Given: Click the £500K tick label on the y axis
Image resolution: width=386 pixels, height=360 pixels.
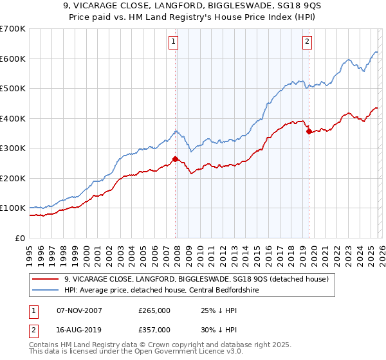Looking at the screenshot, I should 13,89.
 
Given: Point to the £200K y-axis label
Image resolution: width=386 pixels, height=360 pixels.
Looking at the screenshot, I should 13,178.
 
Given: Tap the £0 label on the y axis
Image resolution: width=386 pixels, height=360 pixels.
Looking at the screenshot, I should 20,238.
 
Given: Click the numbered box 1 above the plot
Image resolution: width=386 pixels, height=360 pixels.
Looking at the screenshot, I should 174,42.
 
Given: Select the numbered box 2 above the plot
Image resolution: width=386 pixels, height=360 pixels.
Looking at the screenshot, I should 307,42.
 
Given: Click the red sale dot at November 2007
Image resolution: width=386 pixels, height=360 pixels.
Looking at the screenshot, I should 175,159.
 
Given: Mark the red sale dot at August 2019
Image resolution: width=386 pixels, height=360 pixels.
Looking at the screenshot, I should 309,131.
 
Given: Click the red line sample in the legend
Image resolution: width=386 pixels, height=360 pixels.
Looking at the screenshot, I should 46,279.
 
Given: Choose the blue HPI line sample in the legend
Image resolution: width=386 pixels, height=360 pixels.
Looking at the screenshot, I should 46,290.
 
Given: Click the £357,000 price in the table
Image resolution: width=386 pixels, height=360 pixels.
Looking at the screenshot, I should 154,329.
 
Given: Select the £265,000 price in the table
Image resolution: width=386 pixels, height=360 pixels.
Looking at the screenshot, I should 154,310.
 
